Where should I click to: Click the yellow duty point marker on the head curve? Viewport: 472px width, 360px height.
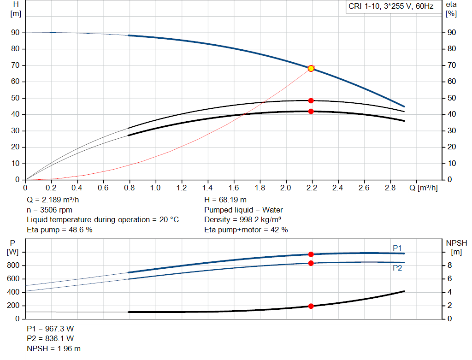tap(311, 68)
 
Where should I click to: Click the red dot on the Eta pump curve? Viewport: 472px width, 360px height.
tap(311, 100)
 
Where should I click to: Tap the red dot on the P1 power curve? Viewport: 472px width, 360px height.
tap(311, 254)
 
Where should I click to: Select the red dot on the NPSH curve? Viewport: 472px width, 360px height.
tap(311, 306)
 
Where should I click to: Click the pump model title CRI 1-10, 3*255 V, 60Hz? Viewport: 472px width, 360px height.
tap(391, 7)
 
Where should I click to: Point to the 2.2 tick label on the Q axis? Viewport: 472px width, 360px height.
tap(312, 188)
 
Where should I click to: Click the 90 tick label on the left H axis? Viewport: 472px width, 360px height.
tap(16, 33)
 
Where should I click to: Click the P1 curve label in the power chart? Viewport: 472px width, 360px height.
tap(397, 248)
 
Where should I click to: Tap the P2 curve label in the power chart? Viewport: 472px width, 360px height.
tap(397, 268)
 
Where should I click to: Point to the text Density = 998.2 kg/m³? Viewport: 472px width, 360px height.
tap(243, 219)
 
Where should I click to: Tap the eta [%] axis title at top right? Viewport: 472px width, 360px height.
tap(451, 9)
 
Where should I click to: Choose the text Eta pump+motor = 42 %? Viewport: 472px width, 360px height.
tap(246, 230)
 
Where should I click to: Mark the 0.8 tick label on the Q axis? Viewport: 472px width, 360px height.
tap(129, 188)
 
